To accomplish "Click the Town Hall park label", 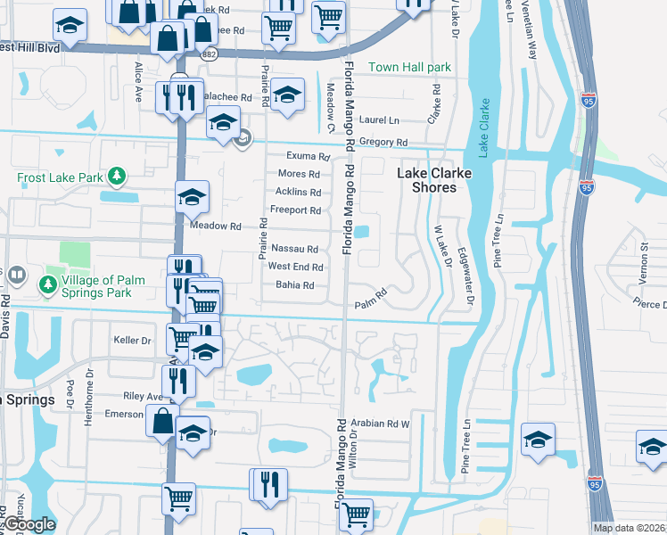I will [409, 68].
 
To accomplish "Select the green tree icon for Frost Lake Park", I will [116, 176].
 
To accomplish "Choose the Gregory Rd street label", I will [384, 143].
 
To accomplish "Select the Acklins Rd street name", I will [298, 193].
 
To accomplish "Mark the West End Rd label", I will [295, 267].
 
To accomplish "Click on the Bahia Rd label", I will [295, 285].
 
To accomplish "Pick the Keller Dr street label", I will [133, 341].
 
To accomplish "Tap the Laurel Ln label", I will [380, 119].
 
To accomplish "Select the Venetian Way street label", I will [532, 41].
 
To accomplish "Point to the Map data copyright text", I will [629, 528].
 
